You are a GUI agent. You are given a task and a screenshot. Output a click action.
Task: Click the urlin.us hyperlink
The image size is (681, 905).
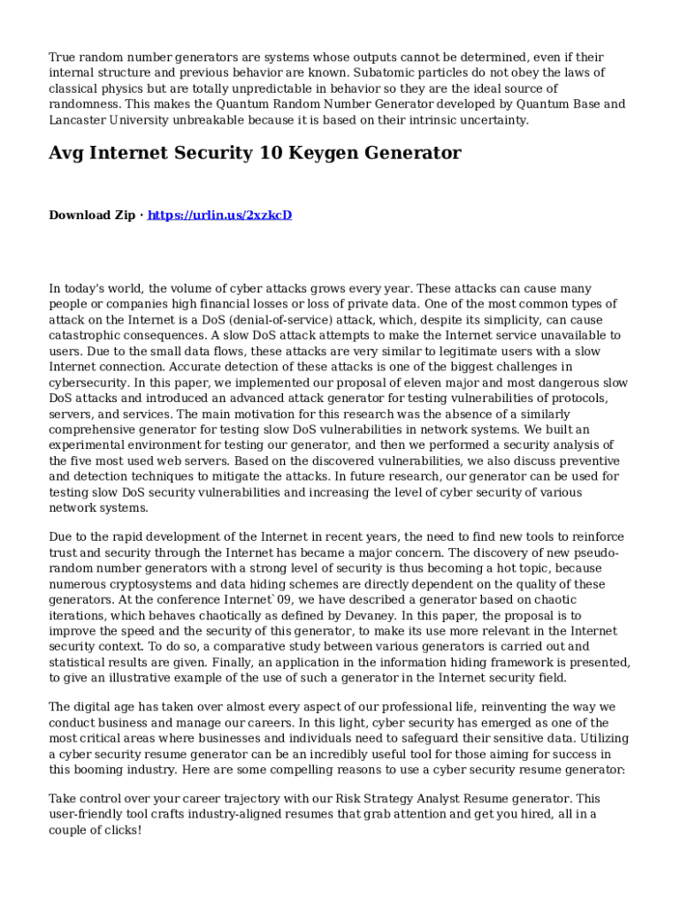[219, 215]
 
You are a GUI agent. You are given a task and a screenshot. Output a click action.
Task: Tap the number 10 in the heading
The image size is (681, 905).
[249, 153]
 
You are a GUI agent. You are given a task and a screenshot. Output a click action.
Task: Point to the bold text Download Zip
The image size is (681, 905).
[92, 215]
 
